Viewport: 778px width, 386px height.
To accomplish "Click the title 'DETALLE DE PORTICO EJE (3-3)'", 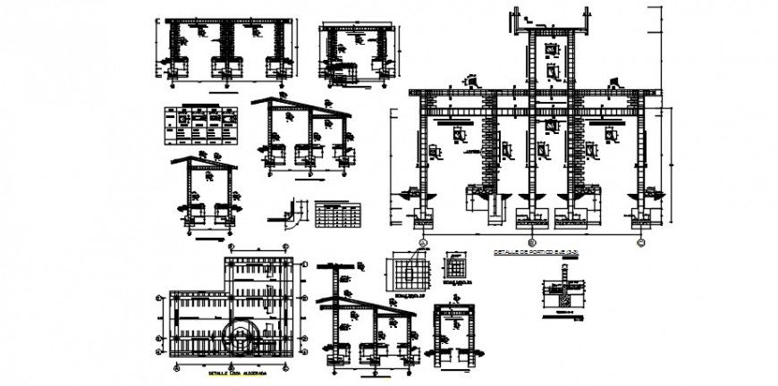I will (536, 253).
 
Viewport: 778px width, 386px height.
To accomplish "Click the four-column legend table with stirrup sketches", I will (201, 123).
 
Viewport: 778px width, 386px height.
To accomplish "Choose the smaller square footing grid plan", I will (457, 267).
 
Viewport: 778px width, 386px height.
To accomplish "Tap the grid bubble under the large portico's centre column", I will (532, 241).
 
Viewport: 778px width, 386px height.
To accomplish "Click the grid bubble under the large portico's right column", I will (639, 241).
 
